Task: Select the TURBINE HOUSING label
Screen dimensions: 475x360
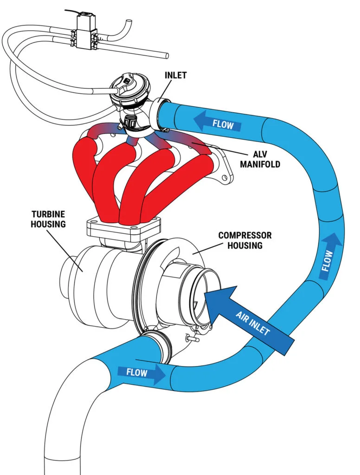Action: [x=49, y=218]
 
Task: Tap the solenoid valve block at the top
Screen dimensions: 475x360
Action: [x=84, y=33]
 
